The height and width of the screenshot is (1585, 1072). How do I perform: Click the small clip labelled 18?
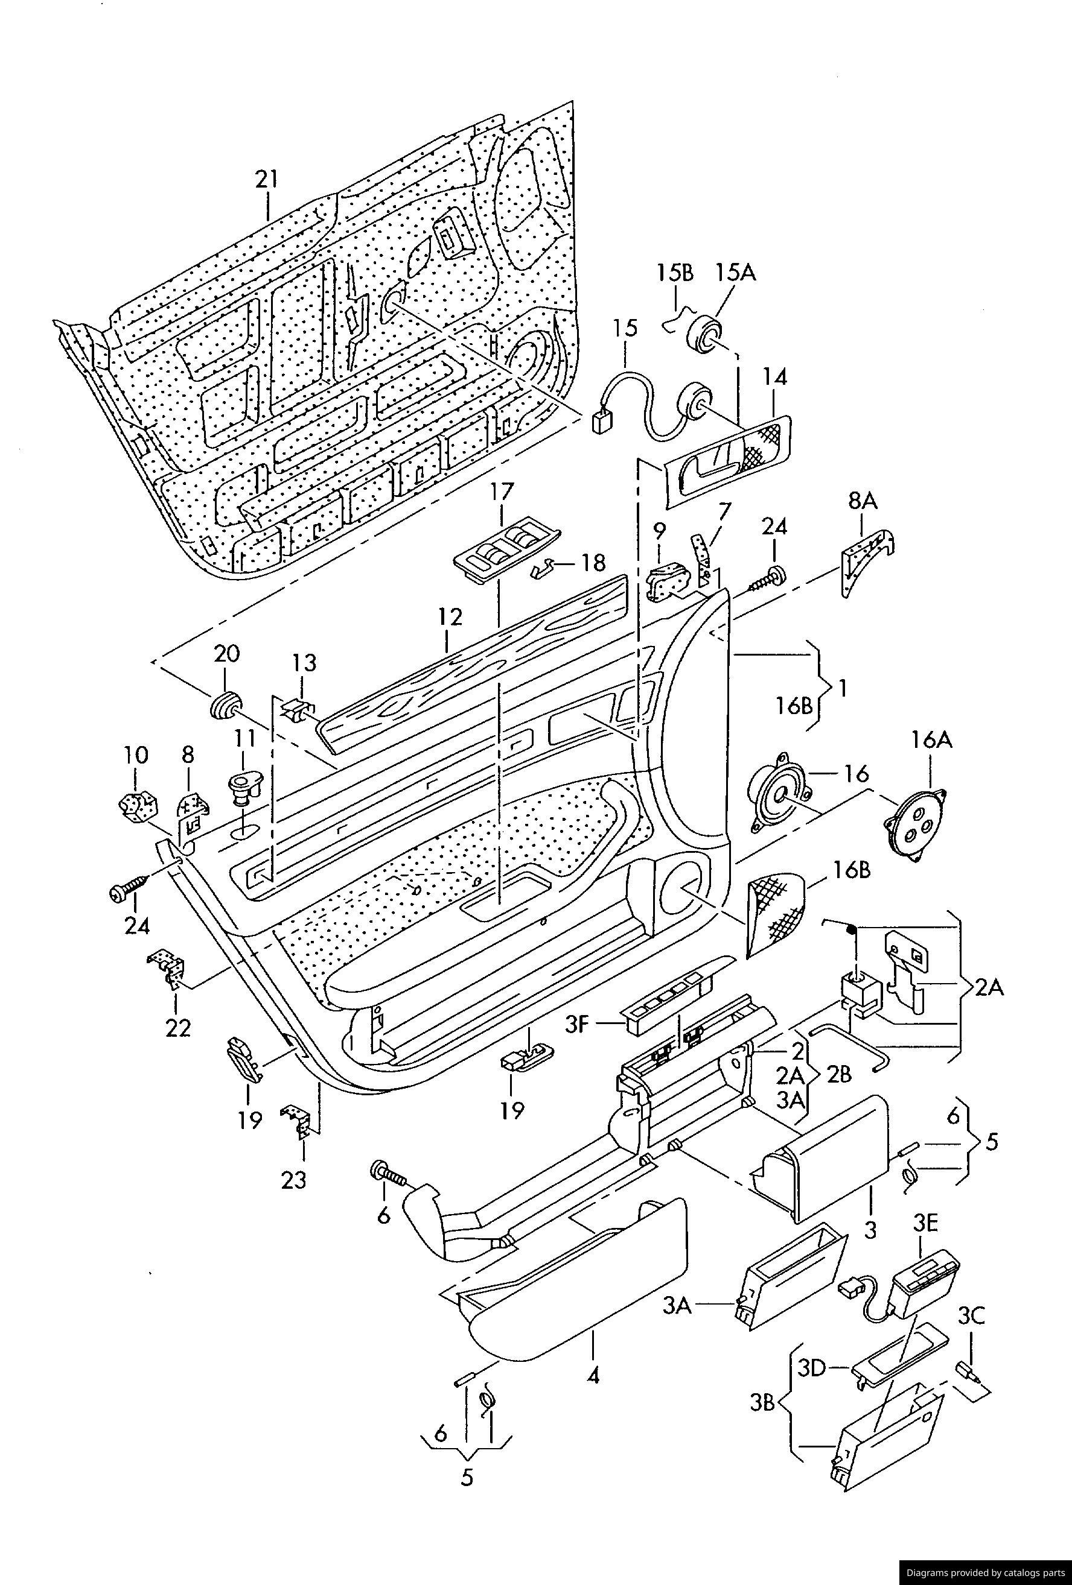tap(544, 568)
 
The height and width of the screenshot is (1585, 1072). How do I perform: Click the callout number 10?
tap(136, 755)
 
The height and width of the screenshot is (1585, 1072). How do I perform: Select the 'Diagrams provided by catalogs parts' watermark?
tap(985, 1572)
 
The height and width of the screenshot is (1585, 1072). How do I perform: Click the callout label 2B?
tap(838, 1075)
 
